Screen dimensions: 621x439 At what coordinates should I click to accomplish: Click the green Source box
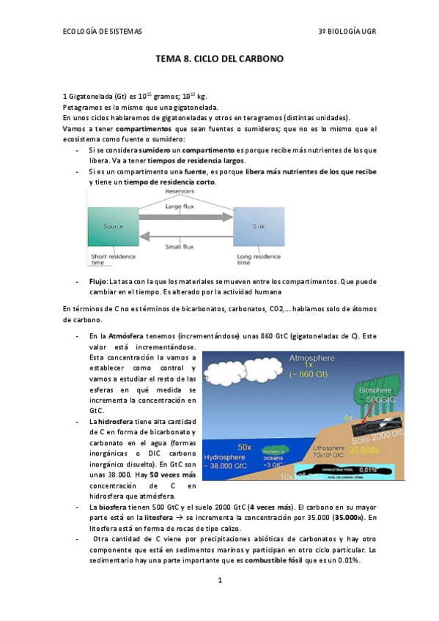point(113,227)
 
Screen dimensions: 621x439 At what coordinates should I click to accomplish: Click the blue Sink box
point(258,227)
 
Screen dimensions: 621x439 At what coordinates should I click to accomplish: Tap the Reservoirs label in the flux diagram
point(180,191)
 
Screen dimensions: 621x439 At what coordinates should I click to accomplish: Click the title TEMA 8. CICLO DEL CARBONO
point(219,58)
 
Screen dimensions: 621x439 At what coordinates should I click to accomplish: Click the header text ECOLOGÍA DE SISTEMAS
point(102,32)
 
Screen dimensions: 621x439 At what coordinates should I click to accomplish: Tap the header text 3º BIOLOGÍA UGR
point(347,32)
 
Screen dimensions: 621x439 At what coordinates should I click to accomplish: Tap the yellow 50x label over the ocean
point(246,446)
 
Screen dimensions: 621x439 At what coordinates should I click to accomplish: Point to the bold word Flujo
point(98,281)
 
